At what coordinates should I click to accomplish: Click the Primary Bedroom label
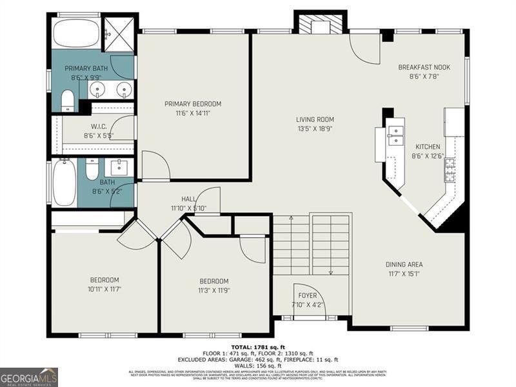tap(193, 104)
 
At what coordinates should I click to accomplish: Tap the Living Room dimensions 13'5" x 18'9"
tap(315, 128)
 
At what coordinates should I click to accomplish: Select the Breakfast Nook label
tap(424, 67)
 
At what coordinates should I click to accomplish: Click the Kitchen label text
tap(428, 146)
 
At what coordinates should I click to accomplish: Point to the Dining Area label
tap(404, 264)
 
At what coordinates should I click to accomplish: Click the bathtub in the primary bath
tap(76, 34)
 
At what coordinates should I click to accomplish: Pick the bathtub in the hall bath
tap(64, 183)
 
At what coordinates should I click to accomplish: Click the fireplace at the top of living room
tap(321, 25)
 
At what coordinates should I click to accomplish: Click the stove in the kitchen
tap(450, 170)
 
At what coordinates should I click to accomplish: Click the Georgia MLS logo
tap(29, 377)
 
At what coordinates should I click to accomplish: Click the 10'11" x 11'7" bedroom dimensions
tap(104, 288)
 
